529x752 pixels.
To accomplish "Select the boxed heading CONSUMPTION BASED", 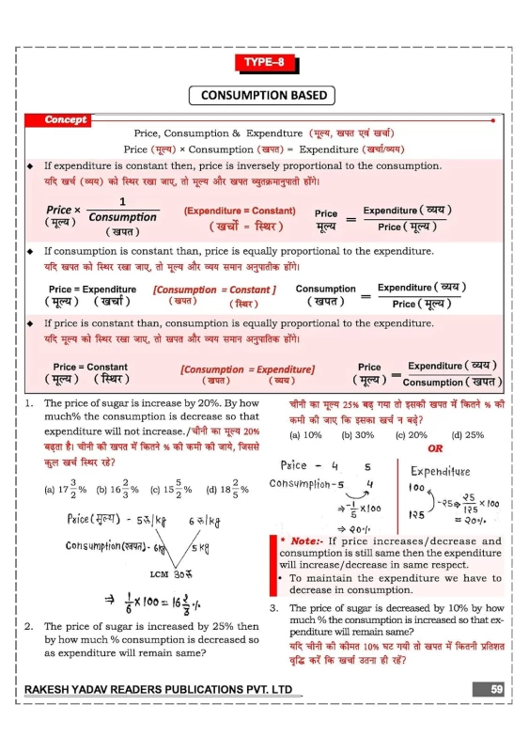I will [x=264, y=95].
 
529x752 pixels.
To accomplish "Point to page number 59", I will [x=499, y=691].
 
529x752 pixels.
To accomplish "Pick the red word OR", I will [x=435, y=448].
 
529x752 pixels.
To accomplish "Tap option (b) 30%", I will [x=358, y=435].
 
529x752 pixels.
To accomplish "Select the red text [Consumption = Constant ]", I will [x=214, y=290].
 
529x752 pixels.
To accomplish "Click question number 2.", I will [x=30, y=626].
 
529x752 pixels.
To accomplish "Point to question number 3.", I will [x=272, y=608].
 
